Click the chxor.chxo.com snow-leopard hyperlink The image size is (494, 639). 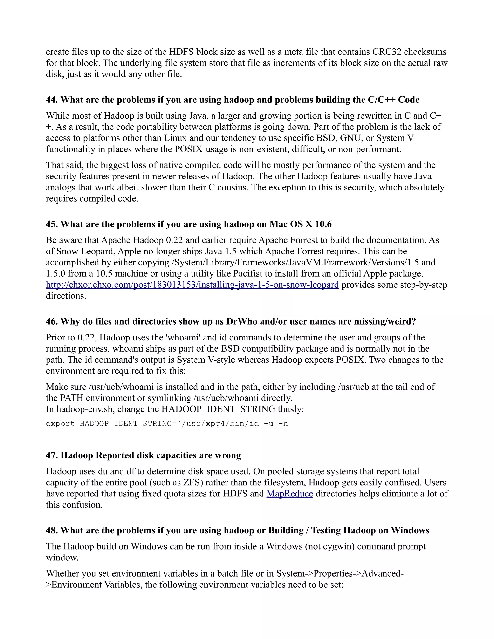pos(192,285)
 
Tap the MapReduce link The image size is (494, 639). pos(289,494)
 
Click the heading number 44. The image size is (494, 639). pos(52,100)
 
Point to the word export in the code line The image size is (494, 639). pos(60,424)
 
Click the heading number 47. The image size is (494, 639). pos(52,455)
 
